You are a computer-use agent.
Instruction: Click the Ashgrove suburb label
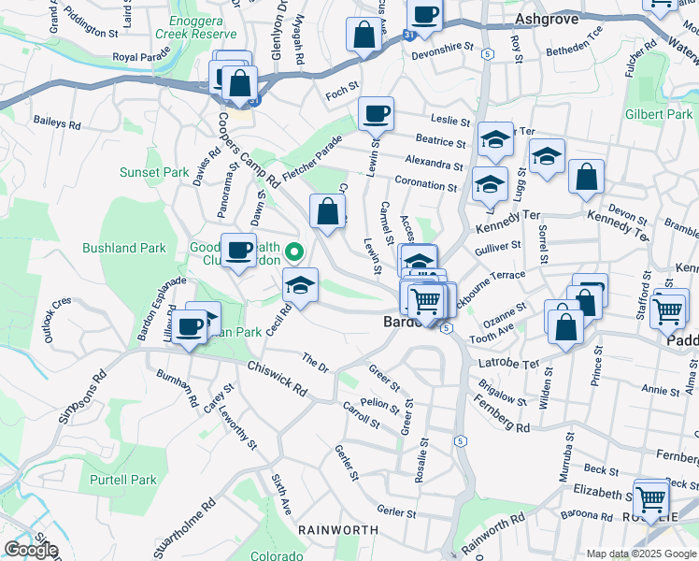point(548,18)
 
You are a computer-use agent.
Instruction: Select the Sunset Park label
point(154,172)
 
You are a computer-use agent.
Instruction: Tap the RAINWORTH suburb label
point(337,530)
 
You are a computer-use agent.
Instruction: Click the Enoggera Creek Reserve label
point(209,27)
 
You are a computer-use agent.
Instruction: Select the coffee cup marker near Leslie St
point(377,114)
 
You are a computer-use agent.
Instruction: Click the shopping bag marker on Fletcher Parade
point(327,210)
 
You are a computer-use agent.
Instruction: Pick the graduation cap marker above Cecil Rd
point(301,284)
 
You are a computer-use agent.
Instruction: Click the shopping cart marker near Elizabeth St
point(650,496)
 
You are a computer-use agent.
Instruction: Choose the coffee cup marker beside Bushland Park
point(238,250)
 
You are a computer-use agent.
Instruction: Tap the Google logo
point(31,550)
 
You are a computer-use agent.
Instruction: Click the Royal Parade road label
point(138,57)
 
